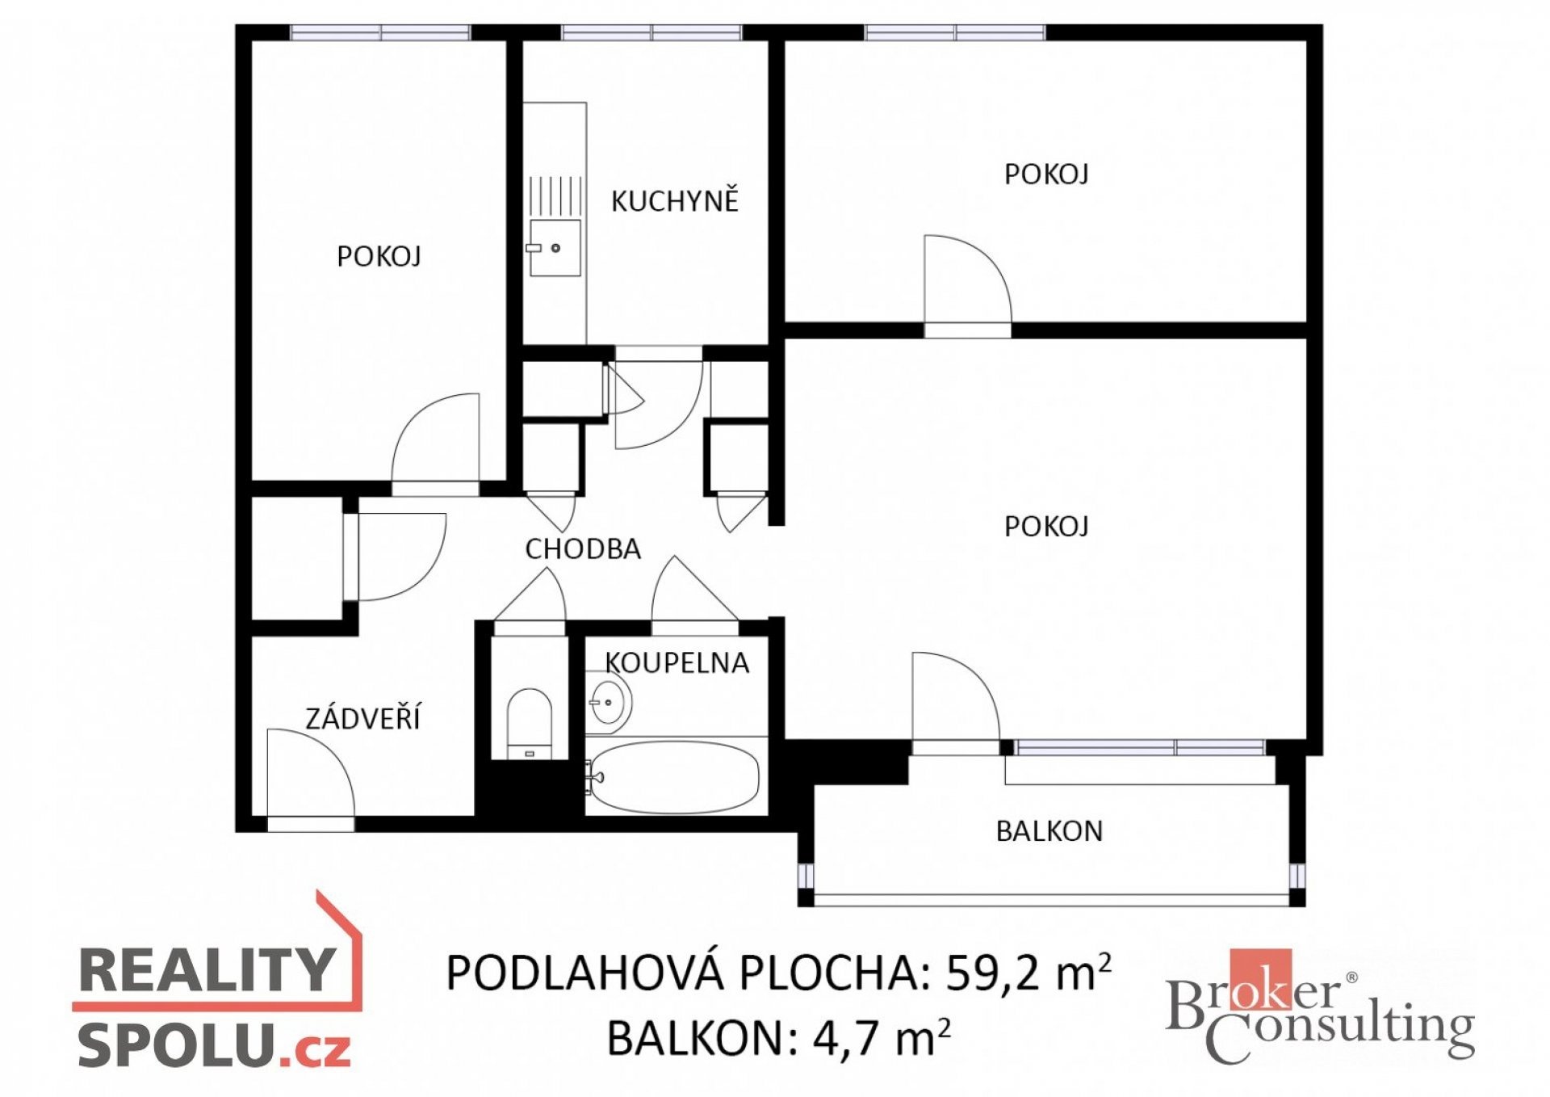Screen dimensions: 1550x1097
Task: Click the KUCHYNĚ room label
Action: [674, 200]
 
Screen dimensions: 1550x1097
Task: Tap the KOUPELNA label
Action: [677, 662]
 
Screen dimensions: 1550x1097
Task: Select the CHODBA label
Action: [583, 549]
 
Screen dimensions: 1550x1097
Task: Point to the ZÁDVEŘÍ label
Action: [362, 717]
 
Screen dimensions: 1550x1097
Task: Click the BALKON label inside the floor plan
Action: [1049, 831]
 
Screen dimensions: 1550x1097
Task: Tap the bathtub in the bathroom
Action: [672, 777]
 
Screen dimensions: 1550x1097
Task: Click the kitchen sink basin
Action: [555, 247]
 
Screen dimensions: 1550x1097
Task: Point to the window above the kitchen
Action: [651, 32]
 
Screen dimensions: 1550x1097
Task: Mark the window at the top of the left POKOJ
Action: [380, 32]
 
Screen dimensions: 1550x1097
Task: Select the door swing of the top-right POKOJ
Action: [967, 279]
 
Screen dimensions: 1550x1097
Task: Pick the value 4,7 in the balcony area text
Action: [845, 1038]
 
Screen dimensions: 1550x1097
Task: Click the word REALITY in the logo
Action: [207, 969]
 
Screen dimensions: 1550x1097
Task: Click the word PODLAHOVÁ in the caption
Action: [584, 972]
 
